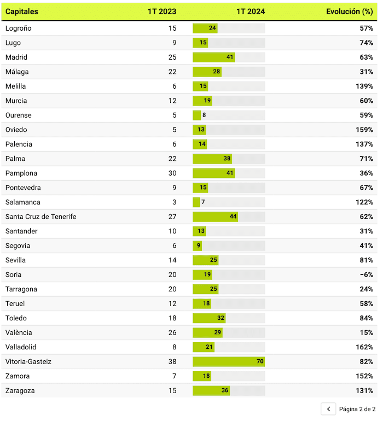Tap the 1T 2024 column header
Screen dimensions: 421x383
251,11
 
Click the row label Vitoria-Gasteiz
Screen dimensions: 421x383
28,361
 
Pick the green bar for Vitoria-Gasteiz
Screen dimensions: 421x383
229,361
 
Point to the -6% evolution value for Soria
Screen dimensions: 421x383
366,274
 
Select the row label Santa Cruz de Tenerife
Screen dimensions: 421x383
40,216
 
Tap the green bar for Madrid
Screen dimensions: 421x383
213,57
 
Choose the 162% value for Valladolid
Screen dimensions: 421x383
364,347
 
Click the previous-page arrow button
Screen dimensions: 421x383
328,409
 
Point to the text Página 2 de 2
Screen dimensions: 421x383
358,409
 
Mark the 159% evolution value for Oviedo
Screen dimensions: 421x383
364,130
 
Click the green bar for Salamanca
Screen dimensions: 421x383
196,202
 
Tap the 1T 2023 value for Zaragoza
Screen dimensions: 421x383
172,390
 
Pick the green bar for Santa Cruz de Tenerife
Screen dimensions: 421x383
215,216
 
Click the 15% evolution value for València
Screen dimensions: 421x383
366,332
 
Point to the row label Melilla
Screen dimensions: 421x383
15,86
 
